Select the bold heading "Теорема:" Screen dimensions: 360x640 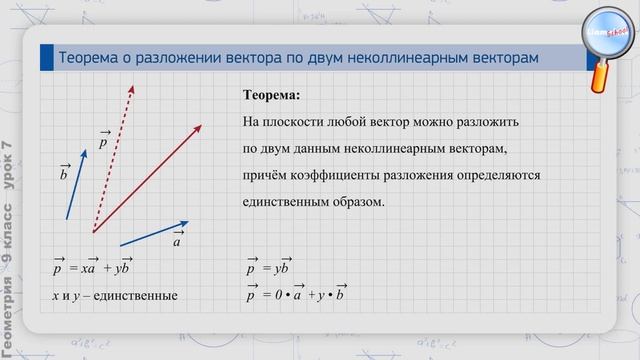click(271, 98)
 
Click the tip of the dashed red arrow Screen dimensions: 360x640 click(133, 87)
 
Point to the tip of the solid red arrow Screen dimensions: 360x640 click(201, 125)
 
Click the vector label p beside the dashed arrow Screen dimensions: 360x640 click(104, 141)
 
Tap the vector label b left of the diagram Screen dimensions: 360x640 click(64, 173)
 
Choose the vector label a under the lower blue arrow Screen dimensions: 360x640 click(176, 240)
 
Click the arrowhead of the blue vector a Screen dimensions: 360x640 click(187, 223)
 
